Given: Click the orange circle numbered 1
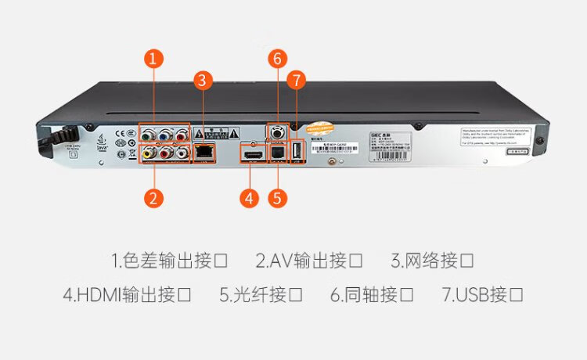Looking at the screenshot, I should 155,57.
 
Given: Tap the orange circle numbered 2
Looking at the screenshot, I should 155,197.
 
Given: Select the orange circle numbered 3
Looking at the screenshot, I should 203,79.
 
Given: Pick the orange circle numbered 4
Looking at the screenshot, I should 249,197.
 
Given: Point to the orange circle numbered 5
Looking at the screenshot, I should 276,197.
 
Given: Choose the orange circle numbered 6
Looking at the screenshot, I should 276,57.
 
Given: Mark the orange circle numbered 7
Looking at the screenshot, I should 295,79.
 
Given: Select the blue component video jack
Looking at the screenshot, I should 164,135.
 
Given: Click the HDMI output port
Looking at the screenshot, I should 253,155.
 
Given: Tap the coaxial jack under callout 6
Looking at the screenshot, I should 276,134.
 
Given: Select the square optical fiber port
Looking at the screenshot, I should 276,152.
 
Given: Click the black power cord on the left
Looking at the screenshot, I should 55,138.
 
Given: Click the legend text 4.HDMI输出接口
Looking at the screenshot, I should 127,295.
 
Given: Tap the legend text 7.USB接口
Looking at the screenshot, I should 482,295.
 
